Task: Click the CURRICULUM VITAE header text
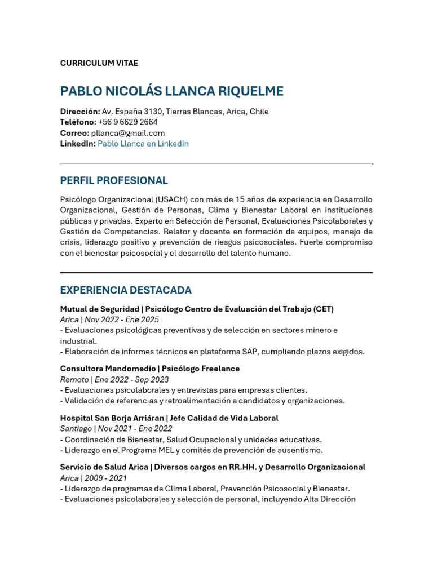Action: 99,63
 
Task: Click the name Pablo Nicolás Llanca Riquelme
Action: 172,91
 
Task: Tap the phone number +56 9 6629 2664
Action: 127,122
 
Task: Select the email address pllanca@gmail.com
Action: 128,133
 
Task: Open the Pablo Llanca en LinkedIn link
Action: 143,144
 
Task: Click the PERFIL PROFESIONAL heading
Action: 114,181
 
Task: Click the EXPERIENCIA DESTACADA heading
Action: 126,290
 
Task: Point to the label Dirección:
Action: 80,112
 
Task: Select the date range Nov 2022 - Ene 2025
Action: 122,319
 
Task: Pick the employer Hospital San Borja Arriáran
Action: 112,418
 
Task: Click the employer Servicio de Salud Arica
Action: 104,467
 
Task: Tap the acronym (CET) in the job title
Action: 323,309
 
